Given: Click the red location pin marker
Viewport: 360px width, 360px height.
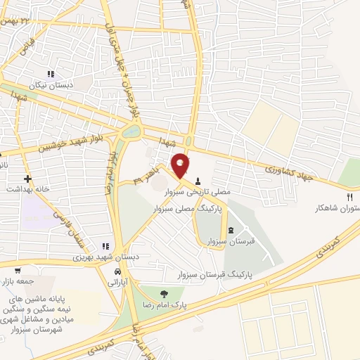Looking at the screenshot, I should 181,165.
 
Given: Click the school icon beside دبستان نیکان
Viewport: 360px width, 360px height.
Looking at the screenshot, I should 50,74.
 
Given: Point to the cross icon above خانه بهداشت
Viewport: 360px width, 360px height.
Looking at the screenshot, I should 27,179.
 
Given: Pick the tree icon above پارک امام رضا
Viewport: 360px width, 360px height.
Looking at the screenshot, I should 164,295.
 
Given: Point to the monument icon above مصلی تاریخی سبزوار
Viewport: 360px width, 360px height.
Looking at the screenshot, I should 198,180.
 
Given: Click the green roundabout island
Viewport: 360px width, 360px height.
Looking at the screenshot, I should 131,131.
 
